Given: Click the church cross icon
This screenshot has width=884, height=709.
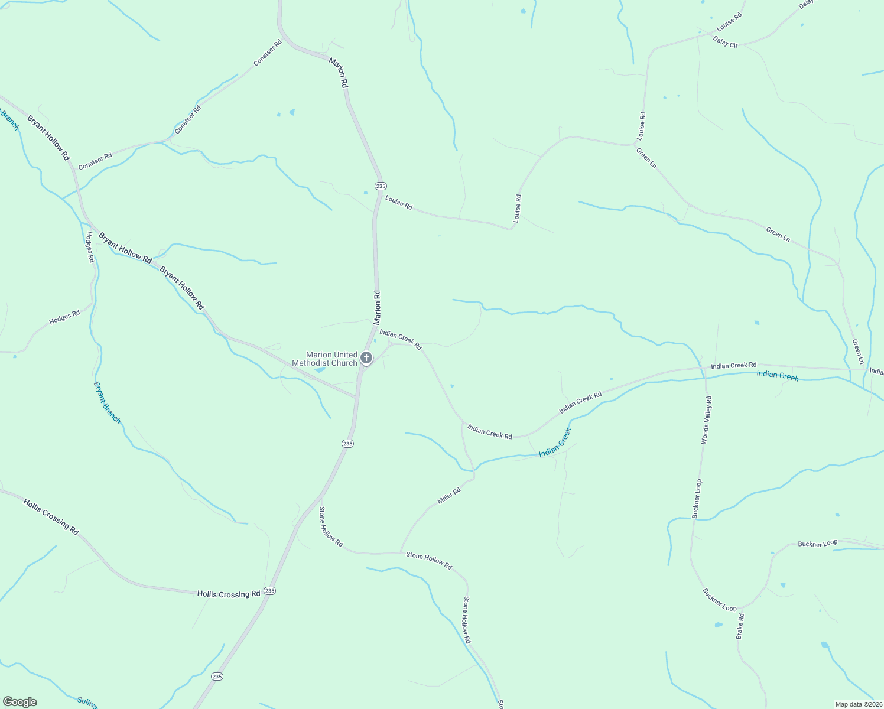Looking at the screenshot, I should [x=366, y=357].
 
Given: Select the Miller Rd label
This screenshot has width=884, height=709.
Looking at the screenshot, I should [x=448, y=496].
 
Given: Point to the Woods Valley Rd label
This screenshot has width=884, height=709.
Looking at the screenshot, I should [x=706, y=420].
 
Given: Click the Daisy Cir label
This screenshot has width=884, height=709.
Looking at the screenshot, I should [x=725, y=42].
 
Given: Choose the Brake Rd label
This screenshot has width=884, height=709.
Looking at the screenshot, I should [x=740, y=626].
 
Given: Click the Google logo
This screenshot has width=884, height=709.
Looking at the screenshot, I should [x=19, y=702].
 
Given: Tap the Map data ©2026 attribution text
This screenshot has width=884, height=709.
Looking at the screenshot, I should [x=858, y=704].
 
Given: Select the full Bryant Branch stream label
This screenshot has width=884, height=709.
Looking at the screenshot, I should [x=107, y=402].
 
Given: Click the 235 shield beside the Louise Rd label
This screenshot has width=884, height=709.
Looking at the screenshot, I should [x=381, y=186].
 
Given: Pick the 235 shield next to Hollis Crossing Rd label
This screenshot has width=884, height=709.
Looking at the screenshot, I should [x=270, y=591].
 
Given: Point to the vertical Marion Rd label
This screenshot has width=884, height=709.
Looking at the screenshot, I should [x=377, y=307].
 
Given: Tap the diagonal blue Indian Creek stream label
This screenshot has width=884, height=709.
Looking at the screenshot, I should [x=555, y=443].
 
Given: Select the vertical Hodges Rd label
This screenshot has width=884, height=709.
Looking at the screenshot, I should [x=89, y=246].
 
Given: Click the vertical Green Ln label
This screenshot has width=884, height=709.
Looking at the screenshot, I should [x=858, y=352].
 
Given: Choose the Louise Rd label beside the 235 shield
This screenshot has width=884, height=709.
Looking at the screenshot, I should [x=399, y=203].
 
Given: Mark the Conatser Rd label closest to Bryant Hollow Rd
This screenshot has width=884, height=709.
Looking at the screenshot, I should [x=95, y=161].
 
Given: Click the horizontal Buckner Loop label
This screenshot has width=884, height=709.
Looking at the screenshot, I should [x=818, y=544].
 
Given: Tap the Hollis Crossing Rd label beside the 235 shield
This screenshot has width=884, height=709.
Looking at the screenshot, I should [x=229, y=594].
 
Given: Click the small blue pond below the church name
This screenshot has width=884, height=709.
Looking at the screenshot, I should [x=319, y=370].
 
